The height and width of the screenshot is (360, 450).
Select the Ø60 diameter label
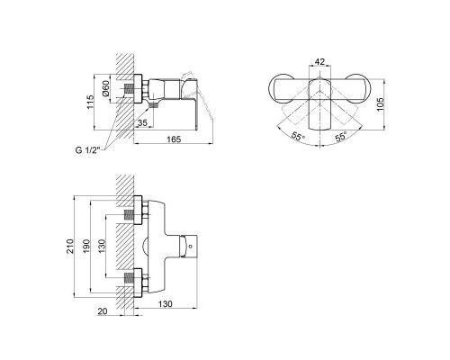coord(107,89)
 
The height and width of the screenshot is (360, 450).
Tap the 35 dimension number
coord(142,122)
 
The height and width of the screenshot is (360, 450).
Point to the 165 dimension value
coord(174,139)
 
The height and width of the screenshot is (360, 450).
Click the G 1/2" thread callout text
coord(87,150)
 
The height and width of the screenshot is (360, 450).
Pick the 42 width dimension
coord(319,62)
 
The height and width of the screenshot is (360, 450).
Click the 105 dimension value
coord(380,104)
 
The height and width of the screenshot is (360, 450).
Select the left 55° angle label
coord(298,137)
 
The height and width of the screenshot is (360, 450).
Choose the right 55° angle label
coord(341,137)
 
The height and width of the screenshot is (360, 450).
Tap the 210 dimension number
coord(70,246)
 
